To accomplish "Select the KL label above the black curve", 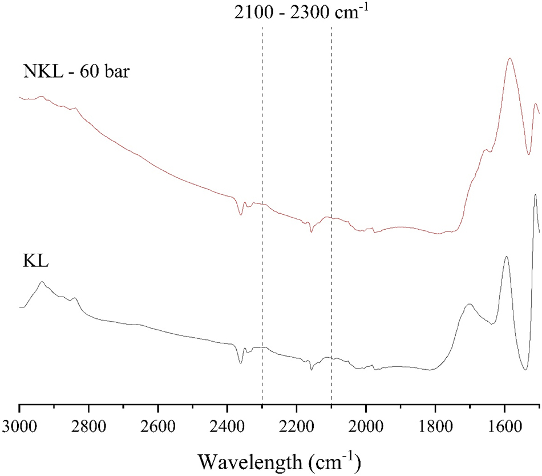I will pos(35,263).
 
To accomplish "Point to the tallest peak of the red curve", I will pos(509,58).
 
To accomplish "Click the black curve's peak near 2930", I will pos(42,282).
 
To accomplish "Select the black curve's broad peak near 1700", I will pos(469,305).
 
